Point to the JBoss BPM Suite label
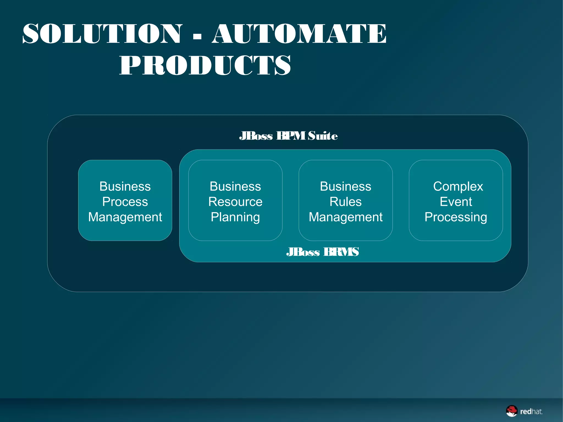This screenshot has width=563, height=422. point(288,136)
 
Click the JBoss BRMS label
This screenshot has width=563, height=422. point(322,252)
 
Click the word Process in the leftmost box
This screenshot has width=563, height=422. point(125,202)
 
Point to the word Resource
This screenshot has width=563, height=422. point(235,202)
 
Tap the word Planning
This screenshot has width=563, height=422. point(235,217)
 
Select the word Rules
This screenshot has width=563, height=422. point(346,202)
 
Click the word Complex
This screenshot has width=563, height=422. point(458,186)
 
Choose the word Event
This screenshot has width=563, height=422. point(456,202)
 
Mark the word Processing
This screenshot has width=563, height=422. point(456,217)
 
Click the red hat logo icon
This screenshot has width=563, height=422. point(512,411)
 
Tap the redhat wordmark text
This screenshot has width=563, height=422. point(531,412)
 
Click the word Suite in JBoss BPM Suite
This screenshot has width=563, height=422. point(322,136)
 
